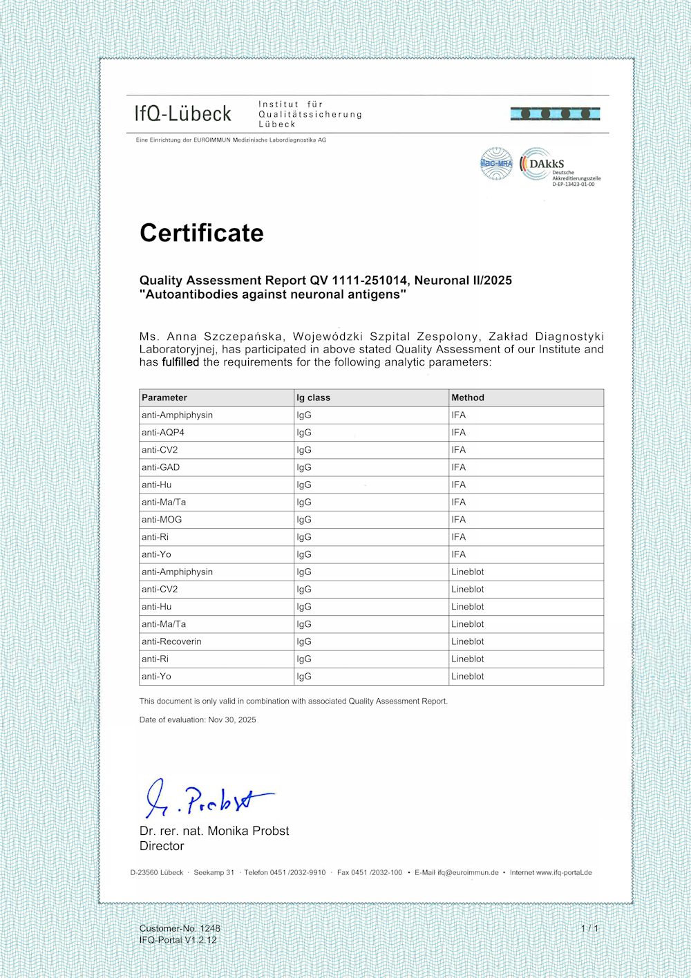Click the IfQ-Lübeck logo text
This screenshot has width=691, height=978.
[x=183, y=113]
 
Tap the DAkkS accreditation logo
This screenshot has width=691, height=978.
[x=559, y=167]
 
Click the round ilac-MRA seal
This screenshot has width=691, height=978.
[x=496, y=164]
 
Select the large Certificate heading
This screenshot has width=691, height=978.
[x=201, y=233]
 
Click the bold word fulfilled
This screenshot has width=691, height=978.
[x=180, y=362]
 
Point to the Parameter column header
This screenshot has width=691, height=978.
[x=164, y=397]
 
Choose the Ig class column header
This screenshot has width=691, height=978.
[x=313, y=397]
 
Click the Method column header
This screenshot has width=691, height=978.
[x=468, y=397]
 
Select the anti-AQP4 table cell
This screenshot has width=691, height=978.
[x=163, y=433]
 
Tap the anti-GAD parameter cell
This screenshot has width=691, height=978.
[x=160, y=467]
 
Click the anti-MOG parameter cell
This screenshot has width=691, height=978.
[x=162, y=520]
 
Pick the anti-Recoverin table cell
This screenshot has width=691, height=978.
[x=171, y=641]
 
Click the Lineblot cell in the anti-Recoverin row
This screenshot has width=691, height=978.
[x=468, y=641]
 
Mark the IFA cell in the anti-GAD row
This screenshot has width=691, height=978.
[x=459, y=467]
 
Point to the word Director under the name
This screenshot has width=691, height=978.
[x=162, y=846]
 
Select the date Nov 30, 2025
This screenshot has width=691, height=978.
[x=232, y=720]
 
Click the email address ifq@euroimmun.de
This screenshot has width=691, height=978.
[x=468, y=873]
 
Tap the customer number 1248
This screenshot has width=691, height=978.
[x=210, y=928]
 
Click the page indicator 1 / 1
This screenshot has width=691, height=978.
[x=589, y=928]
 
